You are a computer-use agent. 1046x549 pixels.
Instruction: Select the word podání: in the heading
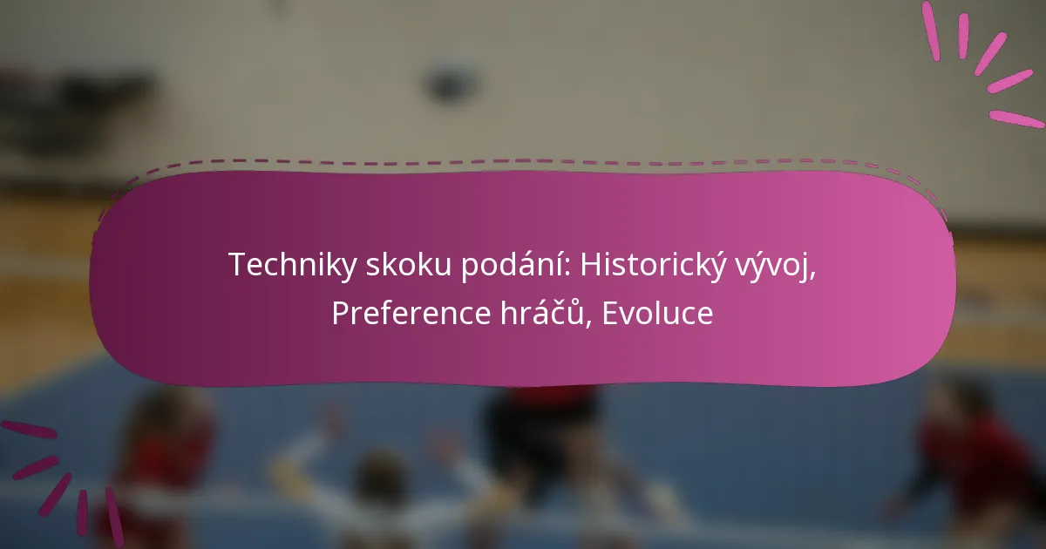[516, 265]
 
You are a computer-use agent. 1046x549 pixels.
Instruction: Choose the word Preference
[411, 313]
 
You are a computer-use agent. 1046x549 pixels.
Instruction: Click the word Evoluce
[657, 313]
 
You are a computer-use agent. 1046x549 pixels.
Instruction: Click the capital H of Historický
[590, 265]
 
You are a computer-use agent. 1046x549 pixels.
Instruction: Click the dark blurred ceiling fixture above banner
[448, 83]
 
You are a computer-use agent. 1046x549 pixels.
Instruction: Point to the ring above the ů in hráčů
[574, 302]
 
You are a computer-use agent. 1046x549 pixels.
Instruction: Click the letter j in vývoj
[803, 269]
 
